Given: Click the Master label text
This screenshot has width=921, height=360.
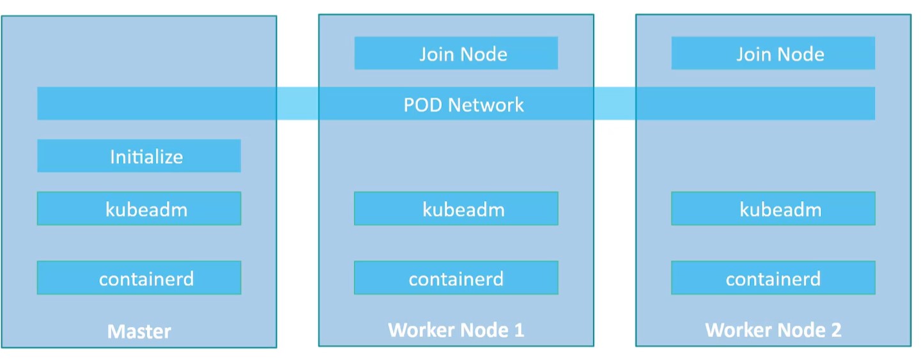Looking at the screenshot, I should (x=139, y=331).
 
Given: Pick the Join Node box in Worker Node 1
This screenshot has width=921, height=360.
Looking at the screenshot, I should (x=456, y=54).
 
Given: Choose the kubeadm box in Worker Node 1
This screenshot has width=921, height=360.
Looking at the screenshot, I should (x=456, y=209).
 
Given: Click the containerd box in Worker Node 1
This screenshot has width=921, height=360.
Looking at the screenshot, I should (x=456, y=278).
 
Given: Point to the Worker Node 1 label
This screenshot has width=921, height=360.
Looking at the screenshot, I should (x=456, y=330).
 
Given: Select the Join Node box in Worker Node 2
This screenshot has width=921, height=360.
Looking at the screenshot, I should (x=773, y=54).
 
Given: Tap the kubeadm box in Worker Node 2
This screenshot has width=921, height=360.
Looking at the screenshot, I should (x=773, y=209).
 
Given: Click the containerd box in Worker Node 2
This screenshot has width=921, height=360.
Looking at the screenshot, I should (x=773, y=278).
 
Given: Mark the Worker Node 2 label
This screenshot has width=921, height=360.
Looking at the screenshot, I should (x=773, y=330).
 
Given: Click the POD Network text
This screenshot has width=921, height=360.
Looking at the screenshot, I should (x=464, y=104).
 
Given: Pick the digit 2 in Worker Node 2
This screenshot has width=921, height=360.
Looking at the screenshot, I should (x=835, y=330).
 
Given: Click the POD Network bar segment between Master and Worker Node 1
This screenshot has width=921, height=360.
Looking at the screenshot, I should (x=298, y=104).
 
